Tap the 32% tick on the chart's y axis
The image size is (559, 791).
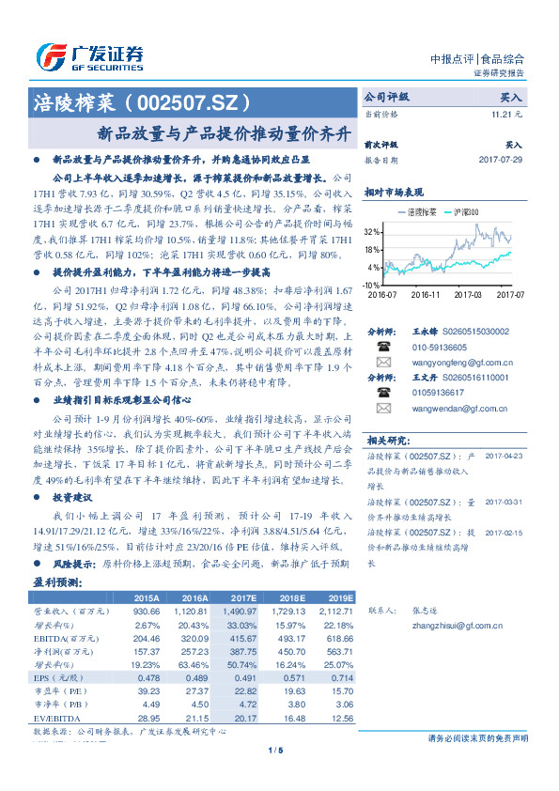click(x=372, y=231)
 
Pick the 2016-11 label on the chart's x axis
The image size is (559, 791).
click(x=425, y=294)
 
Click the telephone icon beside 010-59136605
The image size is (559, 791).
click(x=382, y=346)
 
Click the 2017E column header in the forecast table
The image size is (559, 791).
click(x=242, y=597)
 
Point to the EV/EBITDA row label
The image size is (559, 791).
click(x=58, y=718)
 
